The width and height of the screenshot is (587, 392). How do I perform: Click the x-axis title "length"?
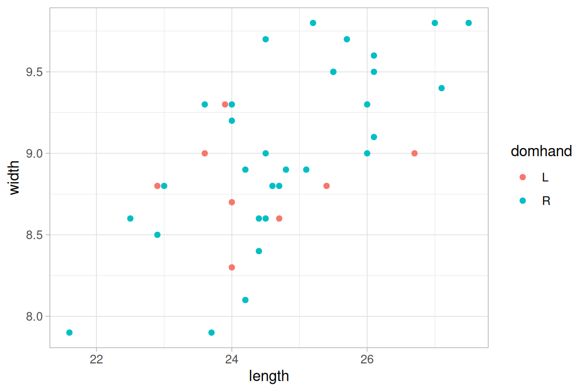pos(269,377)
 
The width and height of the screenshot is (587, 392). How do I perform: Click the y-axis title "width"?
pos(15,177)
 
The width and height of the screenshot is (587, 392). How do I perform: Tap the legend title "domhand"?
pos(541,151)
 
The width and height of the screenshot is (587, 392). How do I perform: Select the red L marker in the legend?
pos(522,177)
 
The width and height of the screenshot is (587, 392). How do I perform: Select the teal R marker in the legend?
pos(522,201)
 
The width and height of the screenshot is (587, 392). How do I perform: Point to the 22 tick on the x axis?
pos(96,359)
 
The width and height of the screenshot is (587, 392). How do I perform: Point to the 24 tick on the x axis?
pos(232,359)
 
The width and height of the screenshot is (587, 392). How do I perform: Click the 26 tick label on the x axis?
pos(367,359)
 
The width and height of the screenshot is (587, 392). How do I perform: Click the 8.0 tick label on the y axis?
pos(34,316)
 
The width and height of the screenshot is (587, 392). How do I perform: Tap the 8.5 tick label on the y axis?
pos(34,235)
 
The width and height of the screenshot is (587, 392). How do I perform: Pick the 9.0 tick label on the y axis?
pos(34,153)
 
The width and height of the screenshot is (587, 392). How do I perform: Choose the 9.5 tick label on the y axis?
pos(34,72)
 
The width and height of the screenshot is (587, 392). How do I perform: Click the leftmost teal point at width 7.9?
pos(69,333)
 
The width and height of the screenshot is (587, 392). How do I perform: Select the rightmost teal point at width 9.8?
pos(468,23)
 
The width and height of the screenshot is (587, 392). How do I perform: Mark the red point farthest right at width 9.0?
pos(414,153)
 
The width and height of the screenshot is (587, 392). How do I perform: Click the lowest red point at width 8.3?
pos(232,267)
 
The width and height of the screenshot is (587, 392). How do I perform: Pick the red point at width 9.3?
pos(225,105)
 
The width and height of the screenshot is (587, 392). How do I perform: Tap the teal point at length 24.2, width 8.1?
pos(245,300)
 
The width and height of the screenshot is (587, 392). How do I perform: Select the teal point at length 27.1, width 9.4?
pos(441,88)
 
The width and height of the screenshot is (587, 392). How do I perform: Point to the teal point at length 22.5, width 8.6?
pos(130,218)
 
